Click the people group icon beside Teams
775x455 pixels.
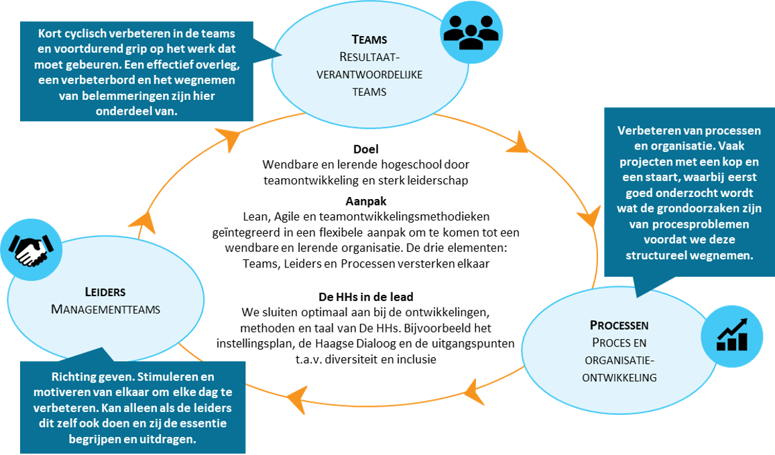(471, 32)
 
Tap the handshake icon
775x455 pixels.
(31, 250)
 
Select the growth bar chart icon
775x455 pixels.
(732, 336)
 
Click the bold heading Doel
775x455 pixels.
(366, 149)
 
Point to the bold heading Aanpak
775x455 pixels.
(366, 201)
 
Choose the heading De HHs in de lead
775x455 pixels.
(366, 297)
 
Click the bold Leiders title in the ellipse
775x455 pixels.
(105, 292)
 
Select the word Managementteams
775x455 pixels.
(106, 310)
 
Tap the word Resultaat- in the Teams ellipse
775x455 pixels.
(369, 58)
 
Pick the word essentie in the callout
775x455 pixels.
(200, 424)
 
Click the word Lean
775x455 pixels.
(255, 217)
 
